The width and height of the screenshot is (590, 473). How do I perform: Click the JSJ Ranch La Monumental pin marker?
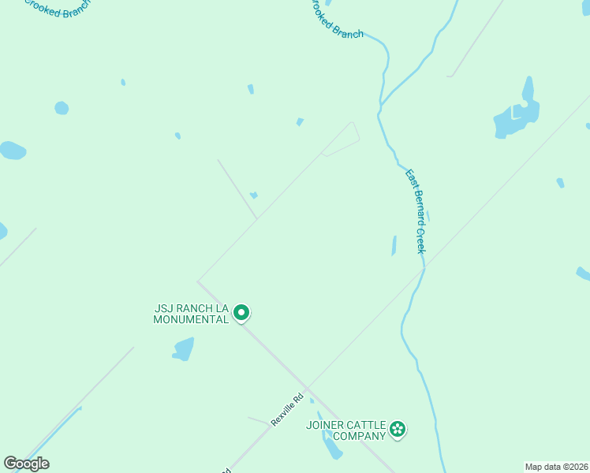pos(242,313)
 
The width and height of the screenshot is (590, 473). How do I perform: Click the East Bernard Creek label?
pos(416,210)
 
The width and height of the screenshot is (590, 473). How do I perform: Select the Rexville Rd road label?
pos(287,411)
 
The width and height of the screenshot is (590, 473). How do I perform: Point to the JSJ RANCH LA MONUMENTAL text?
pos(191,314)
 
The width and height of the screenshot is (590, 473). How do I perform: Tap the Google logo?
pos(26,464)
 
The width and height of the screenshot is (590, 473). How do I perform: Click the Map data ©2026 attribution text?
pos(556,467)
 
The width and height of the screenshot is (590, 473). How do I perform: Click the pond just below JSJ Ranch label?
pos(183,348)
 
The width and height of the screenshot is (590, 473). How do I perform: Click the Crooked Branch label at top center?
pos(337,22)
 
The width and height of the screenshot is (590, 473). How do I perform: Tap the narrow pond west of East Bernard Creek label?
pos(394,246)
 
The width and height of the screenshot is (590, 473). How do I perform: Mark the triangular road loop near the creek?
pos(344,140)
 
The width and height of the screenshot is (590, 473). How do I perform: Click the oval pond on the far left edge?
pos(12,151)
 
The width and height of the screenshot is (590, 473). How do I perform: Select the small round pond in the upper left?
pos(62,108)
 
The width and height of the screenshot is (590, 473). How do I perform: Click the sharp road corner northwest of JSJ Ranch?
pos(198,281)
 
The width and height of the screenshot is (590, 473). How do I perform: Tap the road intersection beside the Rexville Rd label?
pos(308,389)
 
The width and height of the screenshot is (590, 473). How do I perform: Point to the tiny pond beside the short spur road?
pos(253,195)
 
